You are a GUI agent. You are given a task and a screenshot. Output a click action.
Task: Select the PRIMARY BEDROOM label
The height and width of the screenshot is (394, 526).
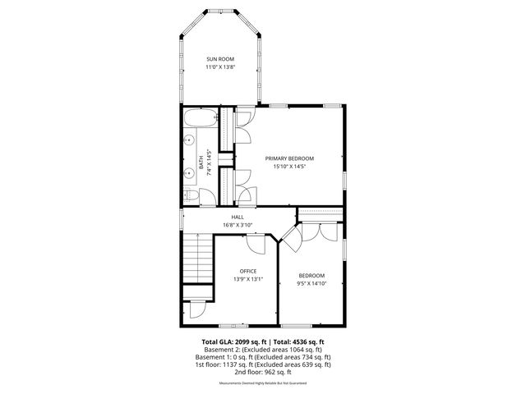click(288, 158)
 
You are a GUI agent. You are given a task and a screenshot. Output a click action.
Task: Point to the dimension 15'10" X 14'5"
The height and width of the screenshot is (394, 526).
click(288, 167)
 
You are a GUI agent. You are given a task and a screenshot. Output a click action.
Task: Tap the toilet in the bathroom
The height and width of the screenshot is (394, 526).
click(190, 195)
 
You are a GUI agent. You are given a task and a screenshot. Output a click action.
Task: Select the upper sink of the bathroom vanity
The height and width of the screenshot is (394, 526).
click(188, 140)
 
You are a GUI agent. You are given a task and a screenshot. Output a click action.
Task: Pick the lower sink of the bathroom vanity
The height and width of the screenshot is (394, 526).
click(188, 175)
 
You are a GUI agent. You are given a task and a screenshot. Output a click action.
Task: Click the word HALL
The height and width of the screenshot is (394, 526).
click(237, 217)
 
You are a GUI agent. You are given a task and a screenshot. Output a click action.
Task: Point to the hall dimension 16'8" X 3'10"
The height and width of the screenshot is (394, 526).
click(237, 225)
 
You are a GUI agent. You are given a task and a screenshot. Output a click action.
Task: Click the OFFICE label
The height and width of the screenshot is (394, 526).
click(248, 271)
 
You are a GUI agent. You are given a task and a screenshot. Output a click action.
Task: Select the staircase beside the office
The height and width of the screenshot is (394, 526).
click(196, 258)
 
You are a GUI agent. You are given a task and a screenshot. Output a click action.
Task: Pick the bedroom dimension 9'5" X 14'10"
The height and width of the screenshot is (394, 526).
click(311, 283)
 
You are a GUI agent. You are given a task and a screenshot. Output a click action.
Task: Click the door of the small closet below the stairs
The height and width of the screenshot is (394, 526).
click(196, 310)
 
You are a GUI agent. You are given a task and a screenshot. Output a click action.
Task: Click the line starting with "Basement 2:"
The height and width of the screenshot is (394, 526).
click(263, 349)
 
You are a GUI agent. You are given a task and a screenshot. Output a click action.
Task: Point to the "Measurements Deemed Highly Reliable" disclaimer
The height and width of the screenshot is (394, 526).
click(263, 383)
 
